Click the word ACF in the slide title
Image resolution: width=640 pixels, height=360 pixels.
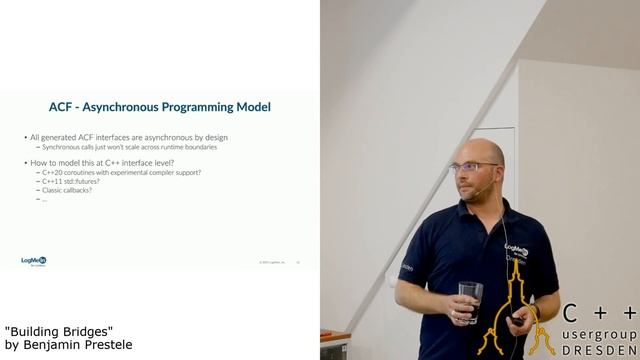(x=60, y=106)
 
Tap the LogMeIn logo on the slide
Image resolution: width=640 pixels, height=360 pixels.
(x=34, y=262)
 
